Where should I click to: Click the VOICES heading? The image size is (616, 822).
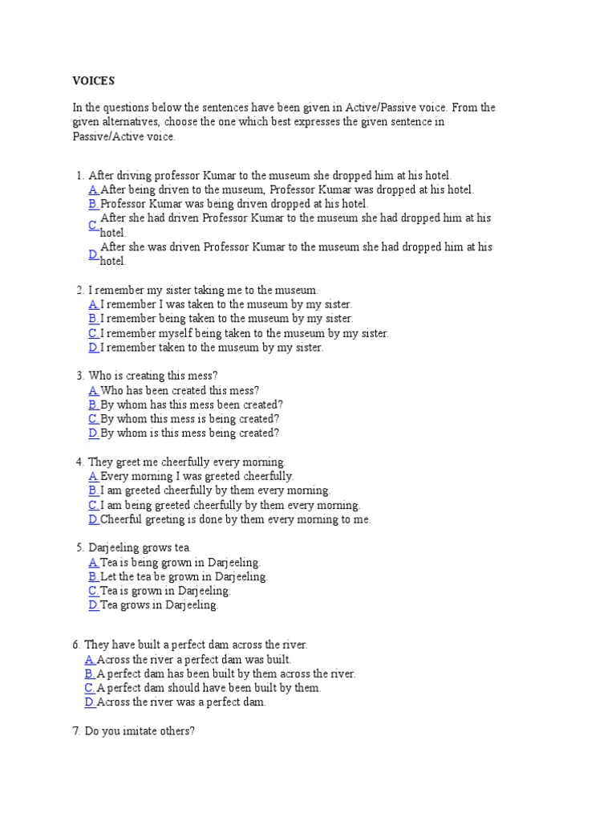tap(93, 81)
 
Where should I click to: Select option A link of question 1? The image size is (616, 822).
tap(94, 189)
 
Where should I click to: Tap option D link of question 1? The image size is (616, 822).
tap(94, 254)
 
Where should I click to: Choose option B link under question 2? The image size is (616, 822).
tap(94, 319)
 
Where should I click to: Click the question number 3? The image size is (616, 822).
tap(79, 376)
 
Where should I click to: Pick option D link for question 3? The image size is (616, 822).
tap(94, 433)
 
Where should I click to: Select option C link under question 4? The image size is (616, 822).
tap(94, 506)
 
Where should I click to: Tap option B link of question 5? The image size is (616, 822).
tap(94, 577)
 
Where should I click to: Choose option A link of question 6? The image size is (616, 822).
tap(90, 659)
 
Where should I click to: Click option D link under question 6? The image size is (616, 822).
tap(90, 702)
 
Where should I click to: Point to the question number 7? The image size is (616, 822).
tap(76, 732)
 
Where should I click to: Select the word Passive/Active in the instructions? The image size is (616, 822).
tap(108, 136)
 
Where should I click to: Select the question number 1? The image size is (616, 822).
tap(79, 175)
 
